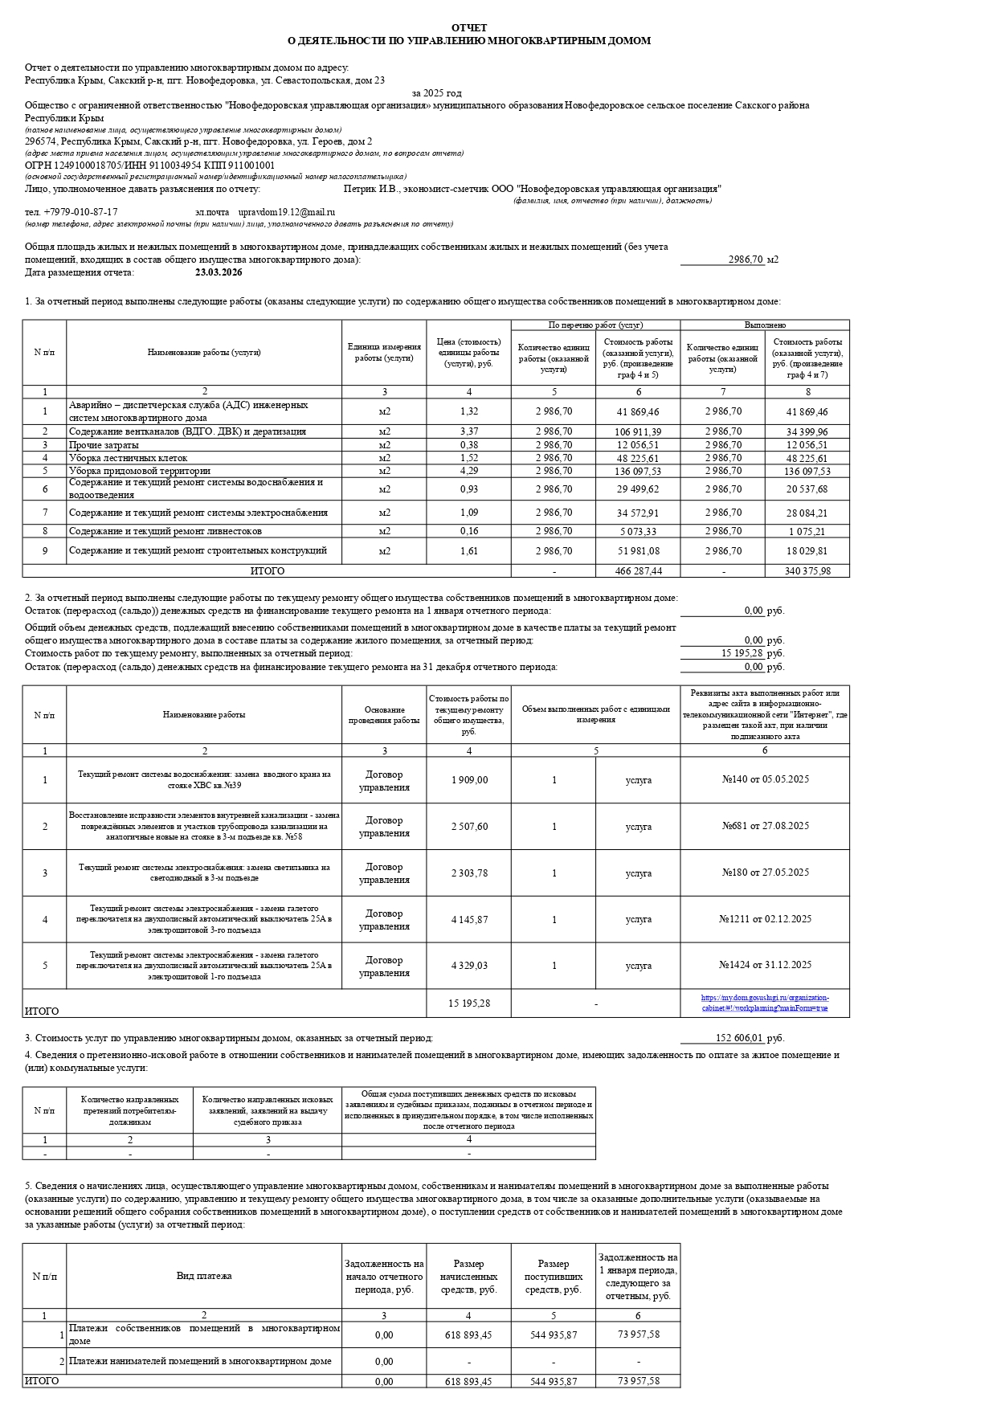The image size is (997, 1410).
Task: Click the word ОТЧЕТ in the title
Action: (x=469, y=28)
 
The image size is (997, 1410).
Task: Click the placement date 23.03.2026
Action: (x=219, y=272)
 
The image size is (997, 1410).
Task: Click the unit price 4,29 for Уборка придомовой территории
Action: (x=469, y=471)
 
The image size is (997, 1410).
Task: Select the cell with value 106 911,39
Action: (x=638, y=432)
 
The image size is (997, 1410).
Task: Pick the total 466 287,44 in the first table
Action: (x=638, y=571)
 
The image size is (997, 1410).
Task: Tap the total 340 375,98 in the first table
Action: (x=807, y=571)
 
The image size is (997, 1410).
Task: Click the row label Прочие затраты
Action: (x=104, y=445)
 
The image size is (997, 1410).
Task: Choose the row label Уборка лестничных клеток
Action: (x=128, y=458)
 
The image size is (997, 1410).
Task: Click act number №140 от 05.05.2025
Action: (x=765, y=779)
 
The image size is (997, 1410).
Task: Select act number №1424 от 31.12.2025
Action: (x=765, y=965)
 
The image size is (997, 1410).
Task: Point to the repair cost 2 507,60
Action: (x=469, y=827)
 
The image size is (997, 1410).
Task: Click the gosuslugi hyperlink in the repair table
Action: (x=765, y=1003)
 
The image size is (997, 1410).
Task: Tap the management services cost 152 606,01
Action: (x=739, y=1038)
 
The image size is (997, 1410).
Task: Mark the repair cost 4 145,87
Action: (x=469, y=920)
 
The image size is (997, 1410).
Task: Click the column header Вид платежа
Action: (x=204, y=1276)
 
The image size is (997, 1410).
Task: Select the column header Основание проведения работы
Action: (x=384, y=715)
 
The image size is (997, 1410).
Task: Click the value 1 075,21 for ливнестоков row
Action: (x=807, y=532)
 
